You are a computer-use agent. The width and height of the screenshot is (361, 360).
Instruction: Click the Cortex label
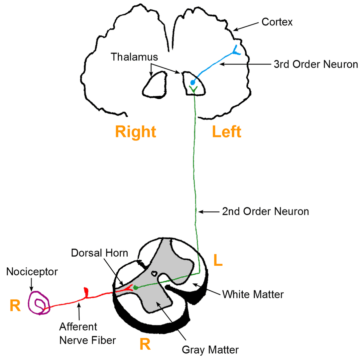tap(277, 23)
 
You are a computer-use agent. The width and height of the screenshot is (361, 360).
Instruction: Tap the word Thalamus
tap(134, 56)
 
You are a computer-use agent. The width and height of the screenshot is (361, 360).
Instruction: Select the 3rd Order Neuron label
tap(316, 65)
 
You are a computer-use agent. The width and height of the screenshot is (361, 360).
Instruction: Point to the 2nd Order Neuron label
tap(265, 211)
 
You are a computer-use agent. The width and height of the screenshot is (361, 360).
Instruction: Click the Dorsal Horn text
tap(100, 253)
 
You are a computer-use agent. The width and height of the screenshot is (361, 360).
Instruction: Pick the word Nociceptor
tap(32, 271)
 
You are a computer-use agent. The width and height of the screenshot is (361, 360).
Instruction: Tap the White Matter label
tap(253, 294)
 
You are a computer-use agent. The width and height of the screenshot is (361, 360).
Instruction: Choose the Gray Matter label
tap(210, 350)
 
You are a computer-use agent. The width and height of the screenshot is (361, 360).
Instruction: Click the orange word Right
tap(135, 132)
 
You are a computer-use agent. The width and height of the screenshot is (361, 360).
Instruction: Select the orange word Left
tap(226, 132)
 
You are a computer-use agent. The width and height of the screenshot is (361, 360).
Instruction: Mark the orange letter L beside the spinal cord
tap(218, 260)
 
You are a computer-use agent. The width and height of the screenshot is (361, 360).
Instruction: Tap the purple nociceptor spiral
tap(39, 303)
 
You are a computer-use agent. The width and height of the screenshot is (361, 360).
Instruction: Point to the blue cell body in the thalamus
tap(193, 82)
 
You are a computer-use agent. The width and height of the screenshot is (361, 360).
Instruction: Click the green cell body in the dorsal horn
tap(135, 287)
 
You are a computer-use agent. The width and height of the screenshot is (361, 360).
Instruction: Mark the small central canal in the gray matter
tap(154, 273)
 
